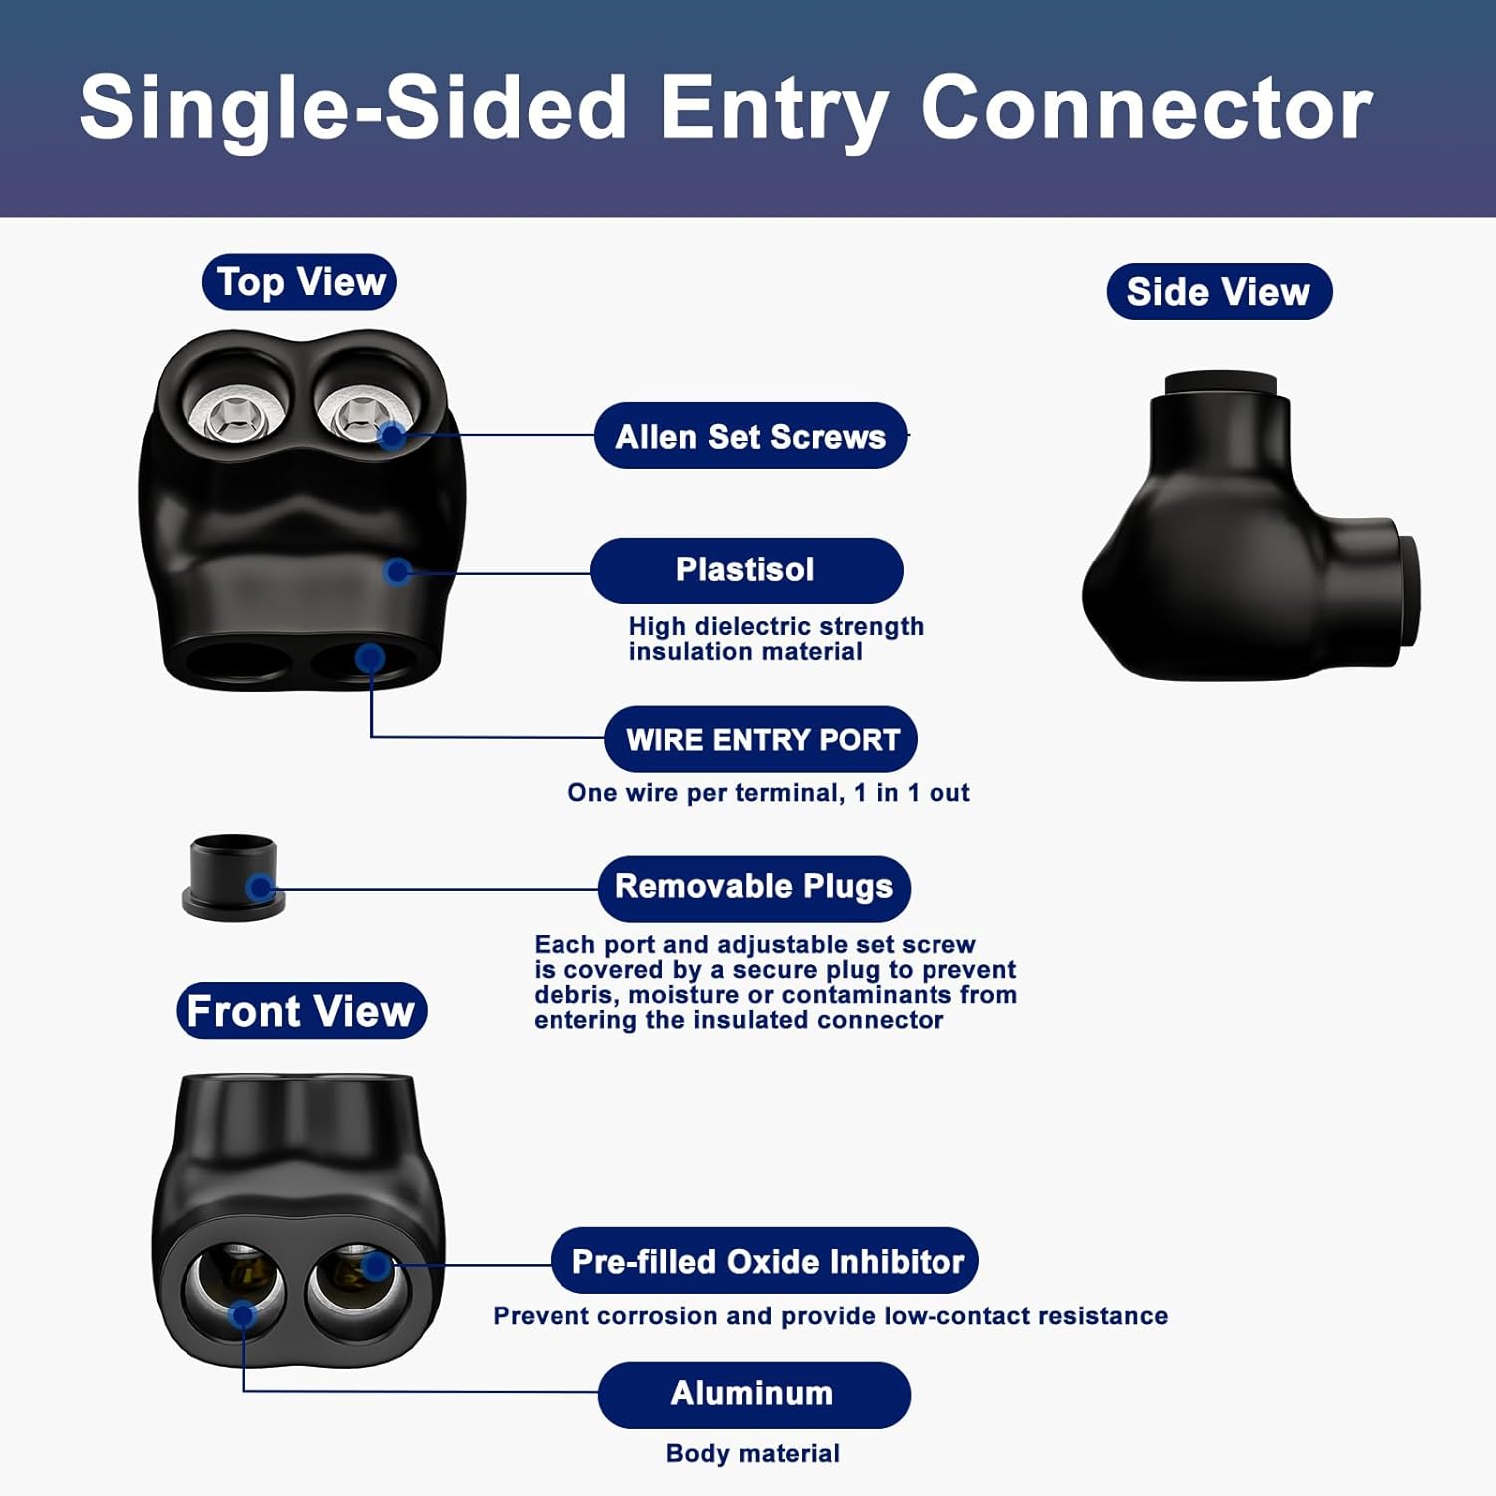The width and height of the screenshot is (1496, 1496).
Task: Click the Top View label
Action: pos(299,282)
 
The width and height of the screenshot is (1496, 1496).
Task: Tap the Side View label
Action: pos(1219,292)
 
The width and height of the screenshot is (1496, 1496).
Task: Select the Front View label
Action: pos(301,1011)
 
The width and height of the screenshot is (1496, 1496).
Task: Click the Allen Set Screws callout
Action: pos(750,436)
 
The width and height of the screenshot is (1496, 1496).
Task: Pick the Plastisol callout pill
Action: pos(746,570)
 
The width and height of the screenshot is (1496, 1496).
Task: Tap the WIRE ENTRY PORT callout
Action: pos(761,739)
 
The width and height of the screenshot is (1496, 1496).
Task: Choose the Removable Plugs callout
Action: pos(754,887)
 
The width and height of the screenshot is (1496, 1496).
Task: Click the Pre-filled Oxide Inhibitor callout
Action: pos(765,1261)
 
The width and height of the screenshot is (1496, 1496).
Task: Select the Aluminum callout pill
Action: pos(753,1393)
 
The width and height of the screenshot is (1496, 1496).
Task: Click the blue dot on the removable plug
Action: pos(261,887)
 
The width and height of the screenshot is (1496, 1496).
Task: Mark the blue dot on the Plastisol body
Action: pos(398,570)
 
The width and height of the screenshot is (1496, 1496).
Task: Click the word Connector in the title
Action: pos(1146,108)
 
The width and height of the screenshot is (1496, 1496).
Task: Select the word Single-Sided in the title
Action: pos(353,108)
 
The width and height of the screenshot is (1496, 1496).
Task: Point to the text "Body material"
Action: pos(753,1453)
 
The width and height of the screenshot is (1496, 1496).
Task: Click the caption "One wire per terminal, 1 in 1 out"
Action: pos(768,793)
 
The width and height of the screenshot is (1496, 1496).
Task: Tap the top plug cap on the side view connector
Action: pos(1220,385)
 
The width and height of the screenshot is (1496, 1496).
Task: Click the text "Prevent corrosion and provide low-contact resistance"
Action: pos(830,1316)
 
